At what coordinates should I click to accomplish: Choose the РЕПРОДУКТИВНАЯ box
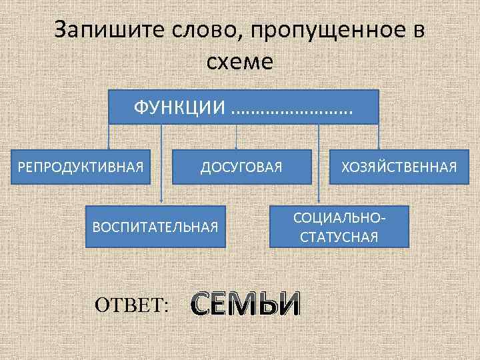pyautogui.click(x=81, y=166)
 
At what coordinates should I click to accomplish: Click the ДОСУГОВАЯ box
pyautogui.click(x=241, y=166)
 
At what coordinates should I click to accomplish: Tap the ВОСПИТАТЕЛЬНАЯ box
pyautogui.click(x=155, y=226)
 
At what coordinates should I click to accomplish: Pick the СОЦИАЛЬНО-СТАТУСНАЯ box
pyautogui.click(x=339, y=227)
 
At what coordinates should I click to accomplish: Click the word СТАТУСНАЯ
pyautogui.click(x=339, y=237)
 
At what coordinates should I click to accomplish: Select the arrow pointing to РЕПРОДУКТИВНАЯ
pyautogui.click(x=110, y=137)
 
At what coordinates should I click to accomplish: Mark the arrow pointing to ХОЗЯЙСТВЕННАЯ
pyautogui.click(x=378, y=137)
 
